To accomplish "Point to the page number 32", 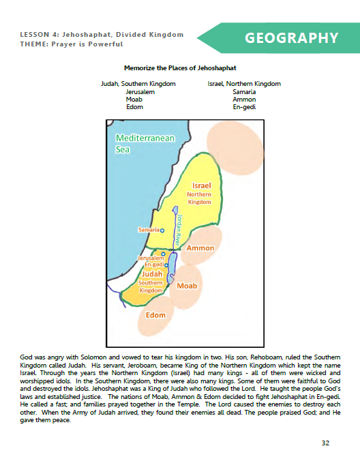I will tap(325, 443).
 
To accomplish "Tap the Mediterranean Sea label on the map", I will tap(145, 143).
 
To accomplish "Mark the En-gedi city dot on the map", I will tap(166, 265).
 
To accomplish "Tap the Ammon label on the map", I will tap(200, 249).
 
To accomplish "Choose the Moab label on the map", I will tap(187, 286).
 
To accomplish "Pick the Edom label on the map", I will tap(156, 316).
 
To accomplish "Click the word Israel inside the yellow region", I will tap(202, 186).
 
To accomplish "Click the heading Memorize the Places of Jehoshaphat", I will tap(179, 68).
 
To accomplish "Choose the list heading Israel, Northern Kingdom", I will tap(243, 83).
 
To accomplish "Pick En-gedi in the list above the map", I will tap(243, 107).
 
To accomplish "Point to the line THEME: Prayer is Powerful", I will tap(72, 44).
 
